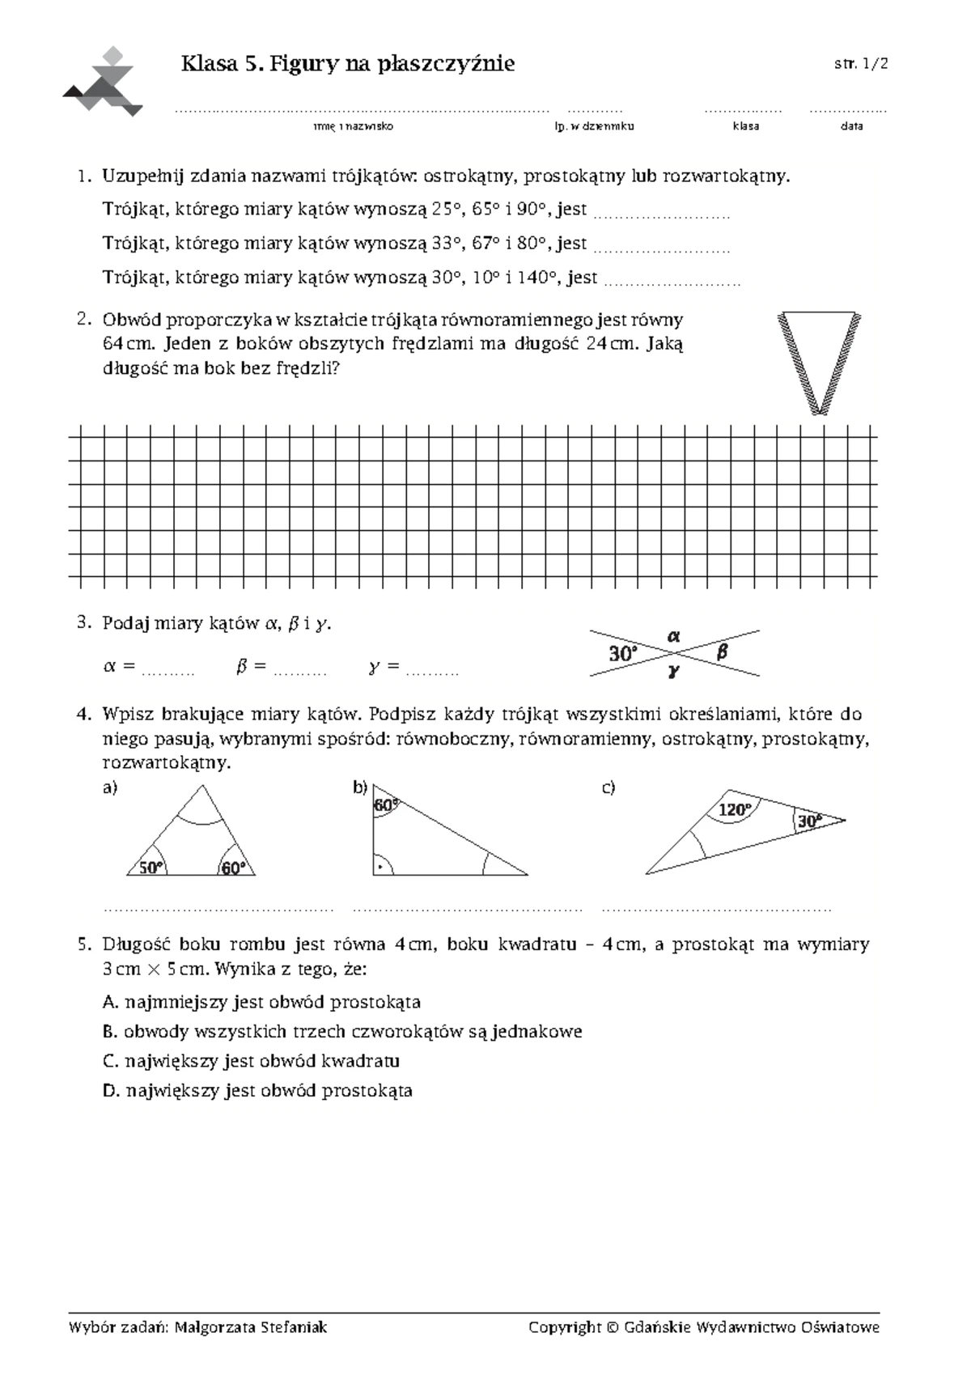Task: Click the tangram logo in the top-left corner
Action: [104, 82]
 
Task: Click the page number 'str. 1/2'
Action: [861, 65]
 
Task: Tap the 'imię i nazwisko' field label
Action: [353, 126]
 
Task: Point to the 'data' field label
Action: [851, 126]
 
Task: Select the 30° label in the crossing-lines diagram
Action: [623, 653]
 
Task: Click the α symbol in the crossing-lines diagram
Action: [673, 636]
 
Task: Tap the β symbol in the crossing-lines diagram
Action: [723, 651]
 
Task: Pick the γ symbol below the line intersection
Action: [673, 671]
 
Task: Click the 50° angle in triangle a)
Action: [151, 868]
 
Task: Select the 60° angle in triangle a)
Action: [233, 868]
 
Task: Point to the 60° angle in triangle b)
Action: [385, 805]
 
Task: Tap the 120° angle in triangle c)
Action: [735, 809]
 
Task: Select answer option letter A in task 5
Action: [110, 1003]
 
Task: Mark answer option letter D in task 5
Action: [110, 1091]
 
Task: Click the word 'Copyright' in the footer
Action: [564, 1327]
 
